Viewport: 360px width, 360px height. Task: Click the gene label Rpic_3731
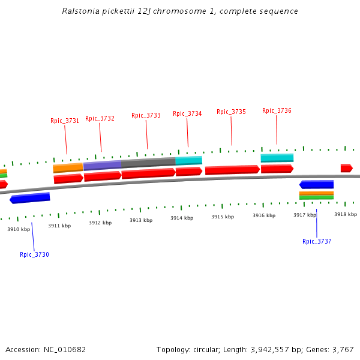coord(65,121)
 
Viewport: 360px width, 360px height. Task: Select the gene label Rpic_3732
coord(100,118)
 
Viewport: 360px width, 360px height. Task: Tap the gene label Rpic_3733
coord(146,115)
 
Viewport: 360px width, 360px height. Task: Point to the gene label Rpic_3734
coord(187,113)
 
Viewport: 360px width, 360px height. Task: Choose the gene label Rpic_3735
coord(231,112)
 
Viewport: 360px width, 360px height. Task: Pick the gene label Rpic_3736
coord(277,110)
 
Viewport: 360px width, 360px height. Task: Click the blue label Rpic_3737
coord(317,241)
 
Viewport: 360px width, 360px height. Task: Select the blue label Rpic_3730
coord(34,254)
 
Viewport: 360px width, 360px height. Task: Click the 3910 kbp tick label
coord(19,229)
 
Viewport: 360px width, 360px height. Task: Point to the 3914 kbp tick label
coord(182,218)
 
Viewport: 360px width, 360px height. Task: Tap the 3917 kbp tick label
coord(305,215)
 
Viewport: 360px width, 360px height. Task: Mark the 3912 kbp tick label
coord(100,223)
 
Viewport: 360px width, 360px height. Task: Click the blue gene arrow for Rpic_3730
coord(30,197)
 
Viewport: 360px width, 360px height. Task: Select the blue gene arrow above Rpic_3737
coord(316,185)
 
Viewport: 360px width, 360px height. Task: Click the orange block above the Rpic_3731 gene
coord(68,167)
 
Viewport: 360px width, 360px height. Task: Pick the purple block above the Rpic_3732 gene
coord(102,165)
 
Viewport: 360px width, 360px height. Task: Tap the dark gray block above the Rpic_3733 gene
coord(148,162)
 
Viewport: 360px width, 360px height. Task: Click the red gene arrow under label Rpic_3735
coord(232,170)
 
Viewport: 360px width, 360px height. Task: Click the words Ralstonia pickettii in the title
coord(94,11)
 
